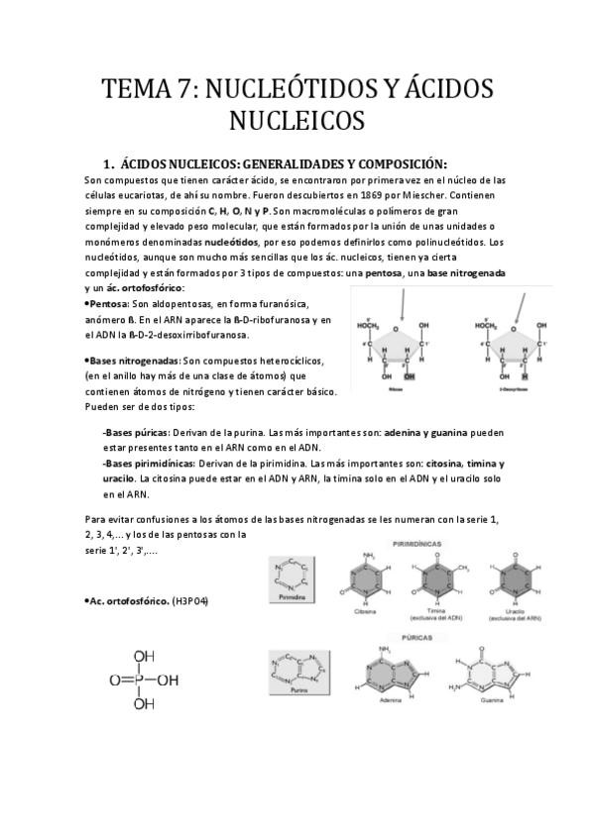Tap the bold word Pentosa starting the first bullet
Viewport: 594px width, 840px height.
[109, 301]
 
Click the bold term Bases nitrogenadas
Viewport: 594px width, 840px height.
[135, 362]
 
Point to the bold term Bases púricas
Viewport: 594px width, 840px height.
[134, 433]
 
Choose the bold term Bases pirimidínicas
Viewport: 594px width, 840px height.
[148, 464]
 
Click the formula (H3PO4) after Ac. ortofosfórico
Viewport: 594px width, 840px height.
[190, 600]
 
